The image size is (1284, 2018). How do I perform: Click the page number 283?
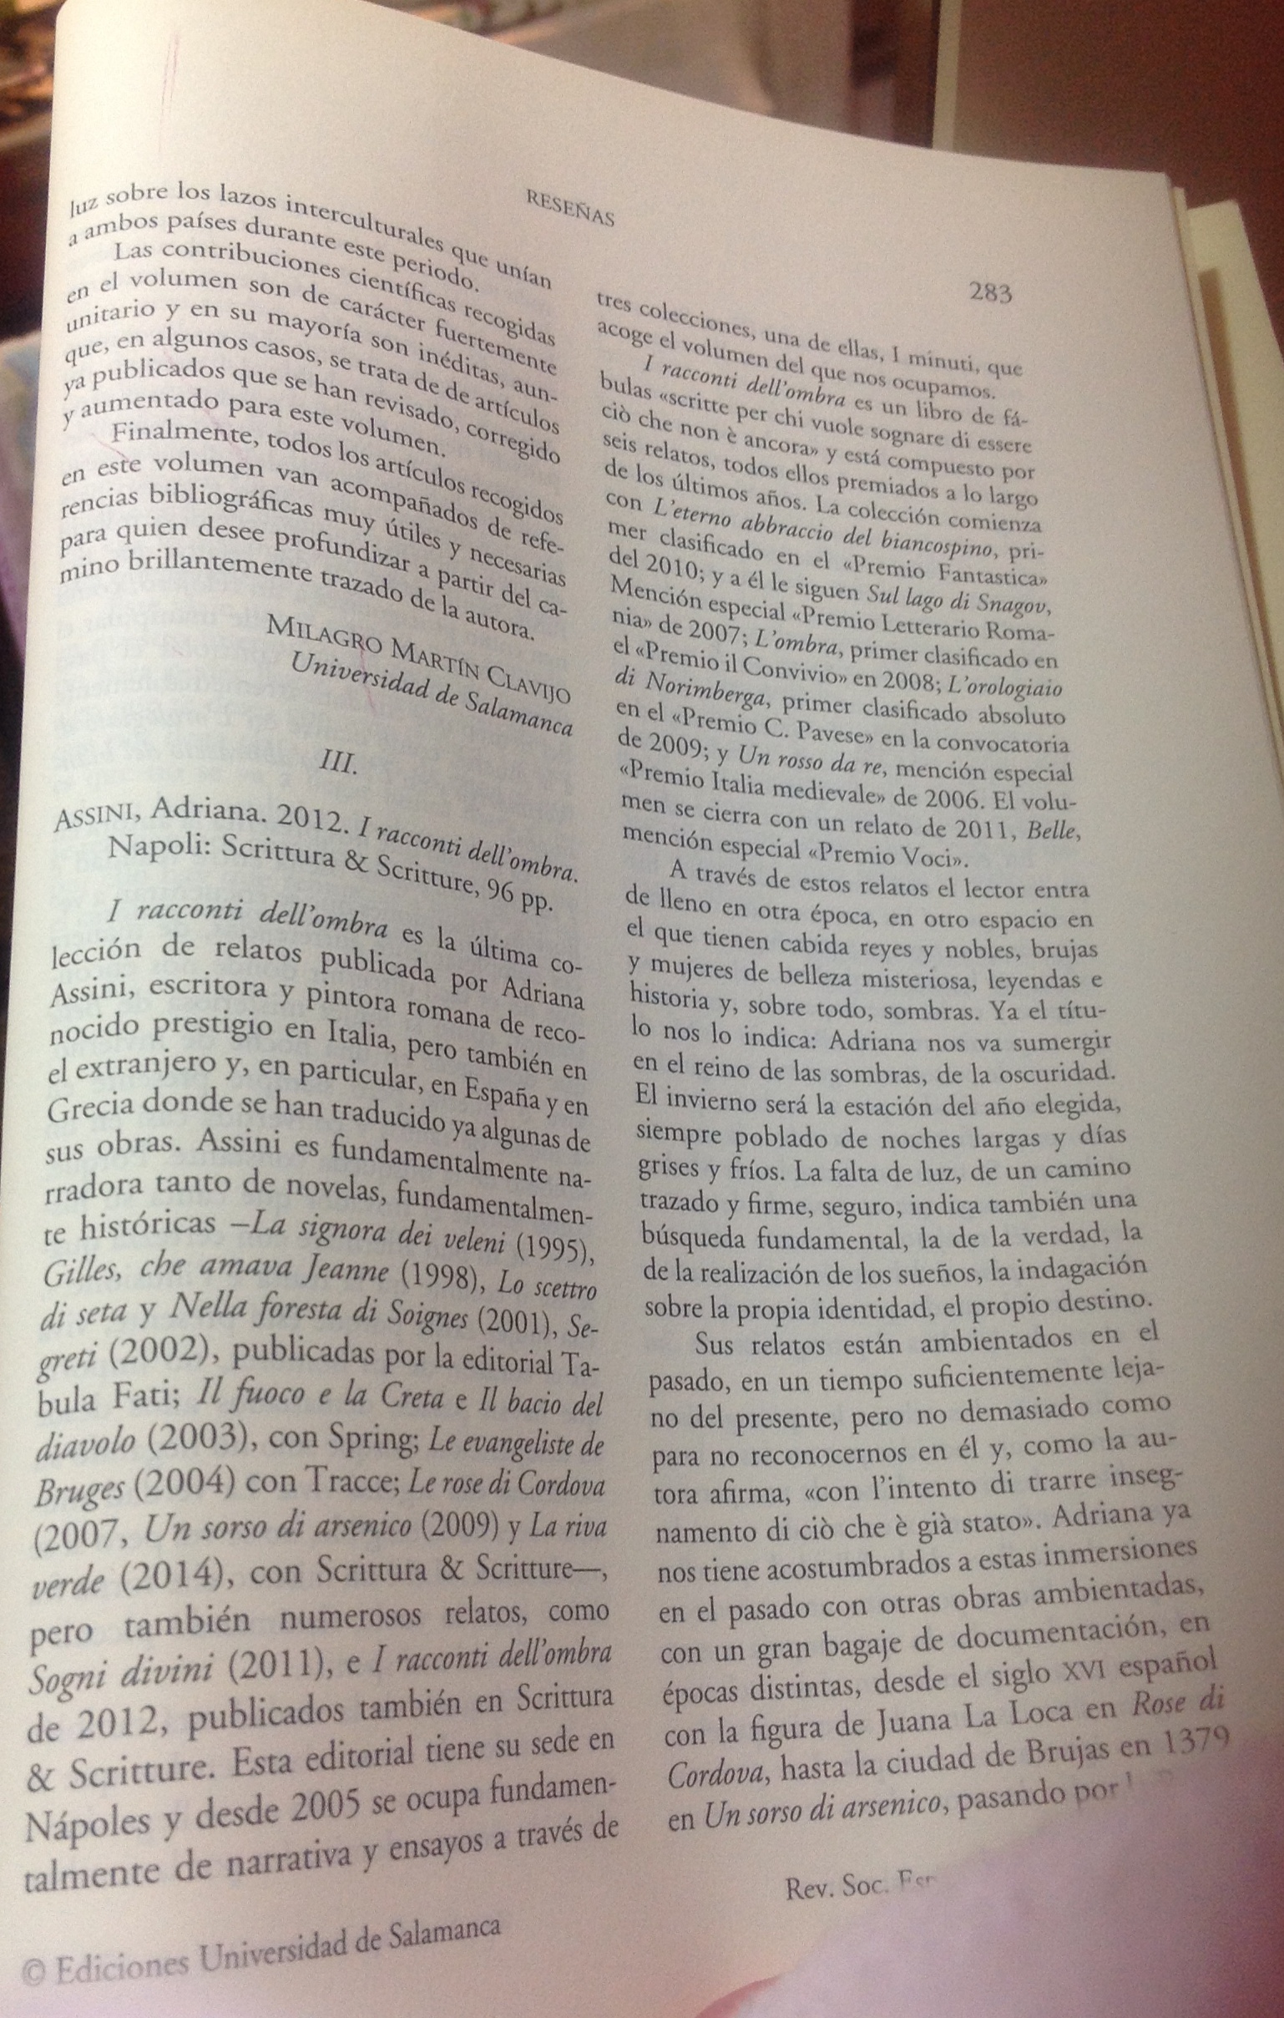click(x=990, y=292)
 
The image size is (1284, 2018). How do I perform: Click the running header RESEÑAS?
click(x=570, y=208)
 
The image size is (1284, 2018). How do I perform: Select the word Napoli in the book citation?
click(x=159, y=848)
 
